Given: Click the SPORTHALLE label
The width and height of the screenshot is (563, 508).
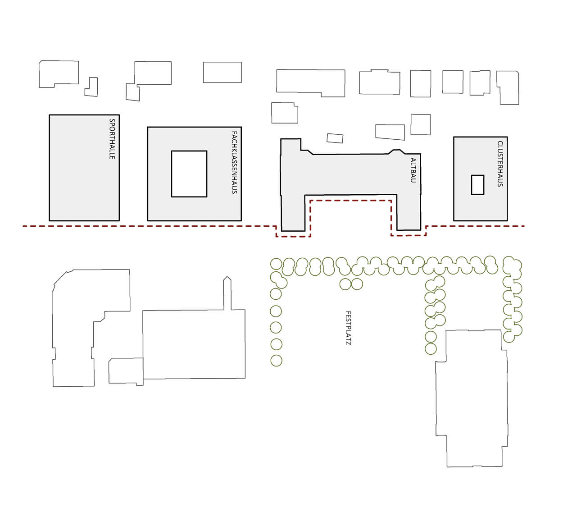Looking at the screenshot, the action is tap(112, 139).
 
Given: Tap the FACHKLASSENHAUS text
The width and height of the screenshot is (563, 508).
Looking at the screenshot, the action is tap(234, 162).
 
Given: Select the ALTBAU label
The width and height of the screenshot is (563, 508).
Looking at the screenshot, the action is tap(413, 170).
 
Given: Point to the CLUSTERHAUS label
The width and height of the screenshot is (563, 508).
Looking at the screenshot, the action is tap(500, 164).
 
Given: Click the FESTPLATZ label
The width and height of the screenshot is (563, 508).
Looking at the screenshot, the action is tap(348, 328).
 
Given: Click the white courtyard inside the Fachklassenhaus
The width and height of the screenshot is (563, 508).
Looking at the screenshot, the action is tap(189, 174).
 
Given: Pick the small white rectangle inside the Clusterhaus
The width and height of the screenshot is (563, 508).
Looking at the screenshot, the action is tap(478, 185).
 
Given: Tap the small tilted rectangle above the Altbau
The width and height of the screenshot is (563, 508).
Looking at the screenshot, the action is tap(335, 138).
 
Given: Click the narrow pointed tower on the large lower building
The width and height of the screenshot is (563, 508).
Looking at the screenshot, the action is tap(227, 293).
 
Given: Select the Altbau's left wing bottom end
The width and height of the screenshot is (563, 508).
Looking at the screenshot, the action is tap(293, 231).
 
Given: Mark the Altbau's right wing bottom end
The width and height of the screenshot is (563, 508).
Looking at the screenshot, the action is tap(409, 230).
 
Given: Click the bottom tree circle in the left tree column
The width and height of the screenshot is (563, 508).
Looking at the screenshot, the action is tap(276, 361).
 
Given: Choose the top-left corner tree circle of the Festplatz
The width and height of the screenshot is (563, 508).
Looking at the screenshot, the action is tap(276, 264).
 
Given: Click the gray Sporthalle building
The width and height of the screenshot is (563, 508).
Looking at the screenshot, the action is tap(84, 168).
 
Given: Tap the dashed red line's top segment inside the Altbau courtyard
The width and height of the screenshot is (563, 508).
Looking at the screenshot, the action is tap(350, 201).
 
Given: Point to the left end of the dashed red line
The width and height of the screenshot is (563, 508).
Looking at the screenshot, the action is tap(23, 226).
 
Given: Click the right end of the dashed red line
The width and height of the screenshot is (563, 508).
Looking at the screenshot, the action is tap(524, 226).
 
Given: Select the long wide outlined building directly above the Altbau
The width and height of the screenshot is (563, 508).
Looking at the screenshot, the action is tap(311, 83).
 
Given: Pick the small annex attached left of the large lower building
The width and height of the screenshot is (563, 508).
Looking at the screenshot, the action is tap(126, 371).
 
